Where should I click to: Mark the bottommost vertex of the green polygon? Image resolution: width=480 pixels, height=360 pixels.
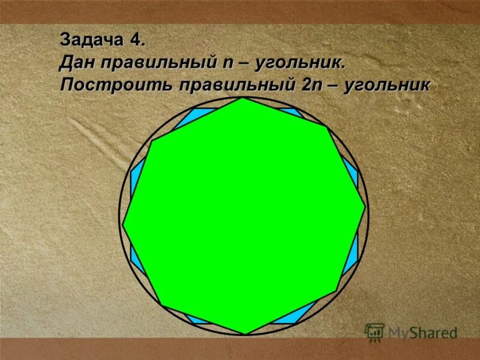pos(245,334)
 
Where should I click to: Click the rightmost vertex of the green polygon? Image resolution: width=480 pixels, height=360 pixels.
pos(365,208)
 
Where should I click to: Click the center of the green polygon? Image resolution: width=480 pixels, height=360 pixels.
pos(244,216)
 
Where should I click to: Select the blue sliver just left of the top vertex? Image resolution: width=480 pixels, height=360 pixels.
pos(198,115)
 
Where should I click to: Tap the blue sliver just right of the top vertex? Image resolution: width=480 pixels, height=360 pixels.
pos(290,111)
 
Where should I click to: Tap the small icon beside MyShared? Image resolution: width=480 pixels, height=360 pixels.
pos(375,332)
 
